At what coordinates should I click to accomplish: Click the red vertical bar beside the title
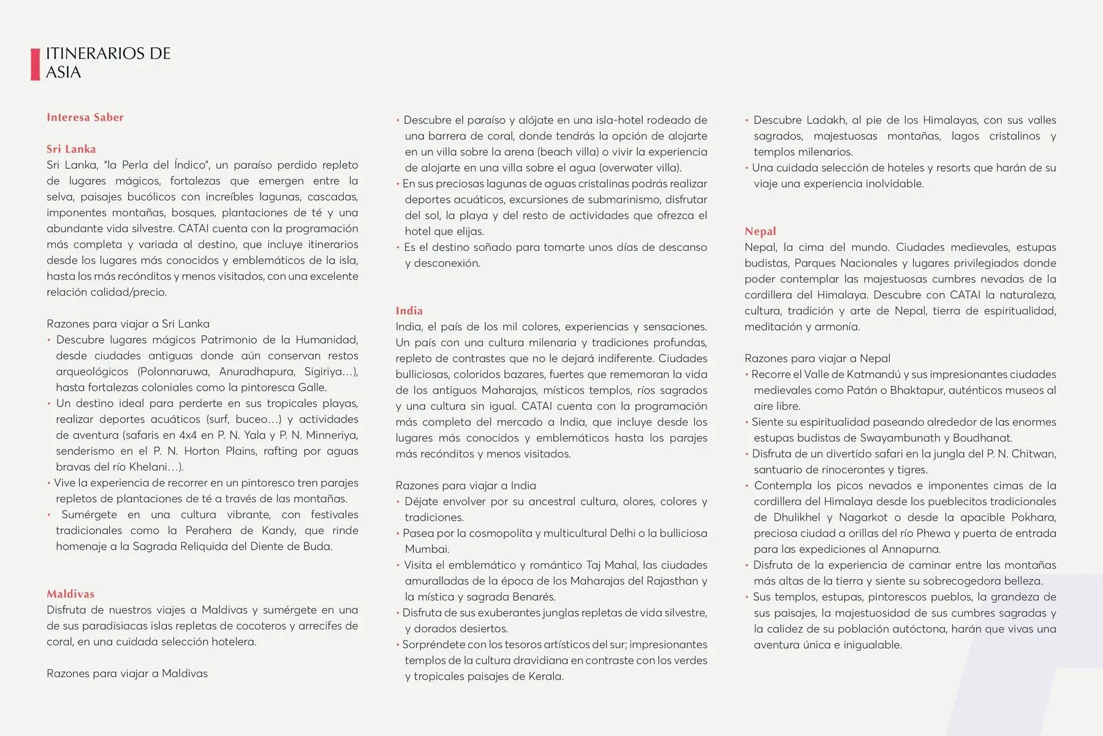[35, 64]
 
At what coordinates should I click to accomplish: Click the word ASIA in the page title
[63, 72]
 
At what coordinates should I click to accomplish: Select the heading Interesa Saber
[85, 117]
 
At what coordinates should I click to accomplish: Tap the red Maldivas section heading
[70, 594]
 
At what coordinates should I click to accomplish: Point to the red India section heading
[409, 310]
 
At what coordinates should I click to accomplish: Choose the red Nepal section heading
[760, 231]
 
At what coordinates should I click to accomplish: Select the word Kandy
[278, 531]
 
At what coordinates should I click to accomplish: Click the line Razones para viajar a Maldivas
[127, 673]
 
